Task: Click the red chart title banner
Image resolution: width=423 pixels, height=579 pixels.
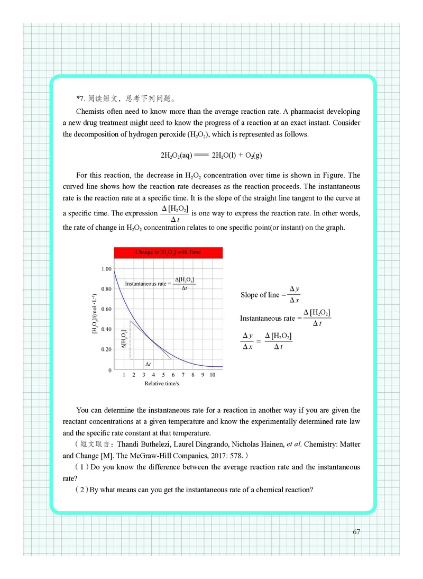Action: tap(168, 252)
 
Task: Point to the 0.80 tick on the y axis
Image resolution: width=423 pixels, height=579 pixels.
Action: tap(106, 289)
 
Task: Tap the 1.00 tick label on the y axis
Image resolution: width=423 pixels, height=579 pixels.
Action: tap(106, 269)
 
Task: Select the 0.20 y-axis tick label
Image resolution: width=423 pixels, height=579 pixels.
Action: tap(106, 350)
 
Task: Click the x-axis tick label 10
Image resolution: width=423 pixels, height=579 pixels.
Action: tap(212, 375)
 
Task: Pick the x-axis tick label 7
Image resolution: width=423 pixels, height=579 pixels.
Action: tap(183, 375)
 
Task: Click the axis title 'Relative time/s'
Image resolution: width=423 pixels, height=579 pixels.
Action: tap(162, 384)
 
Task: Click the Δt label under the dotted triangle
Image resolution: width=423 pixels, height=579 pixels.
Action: tap(148, 365)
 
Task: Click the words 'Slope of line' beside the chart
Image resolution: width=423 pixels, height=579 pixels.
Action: tap(260, 295)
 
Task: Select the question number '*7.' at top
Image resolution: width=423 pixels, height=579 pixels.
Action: tap(81, 98)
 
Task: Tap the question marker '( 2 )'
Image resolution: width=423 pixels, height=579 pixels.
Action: tap(81, 490)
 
